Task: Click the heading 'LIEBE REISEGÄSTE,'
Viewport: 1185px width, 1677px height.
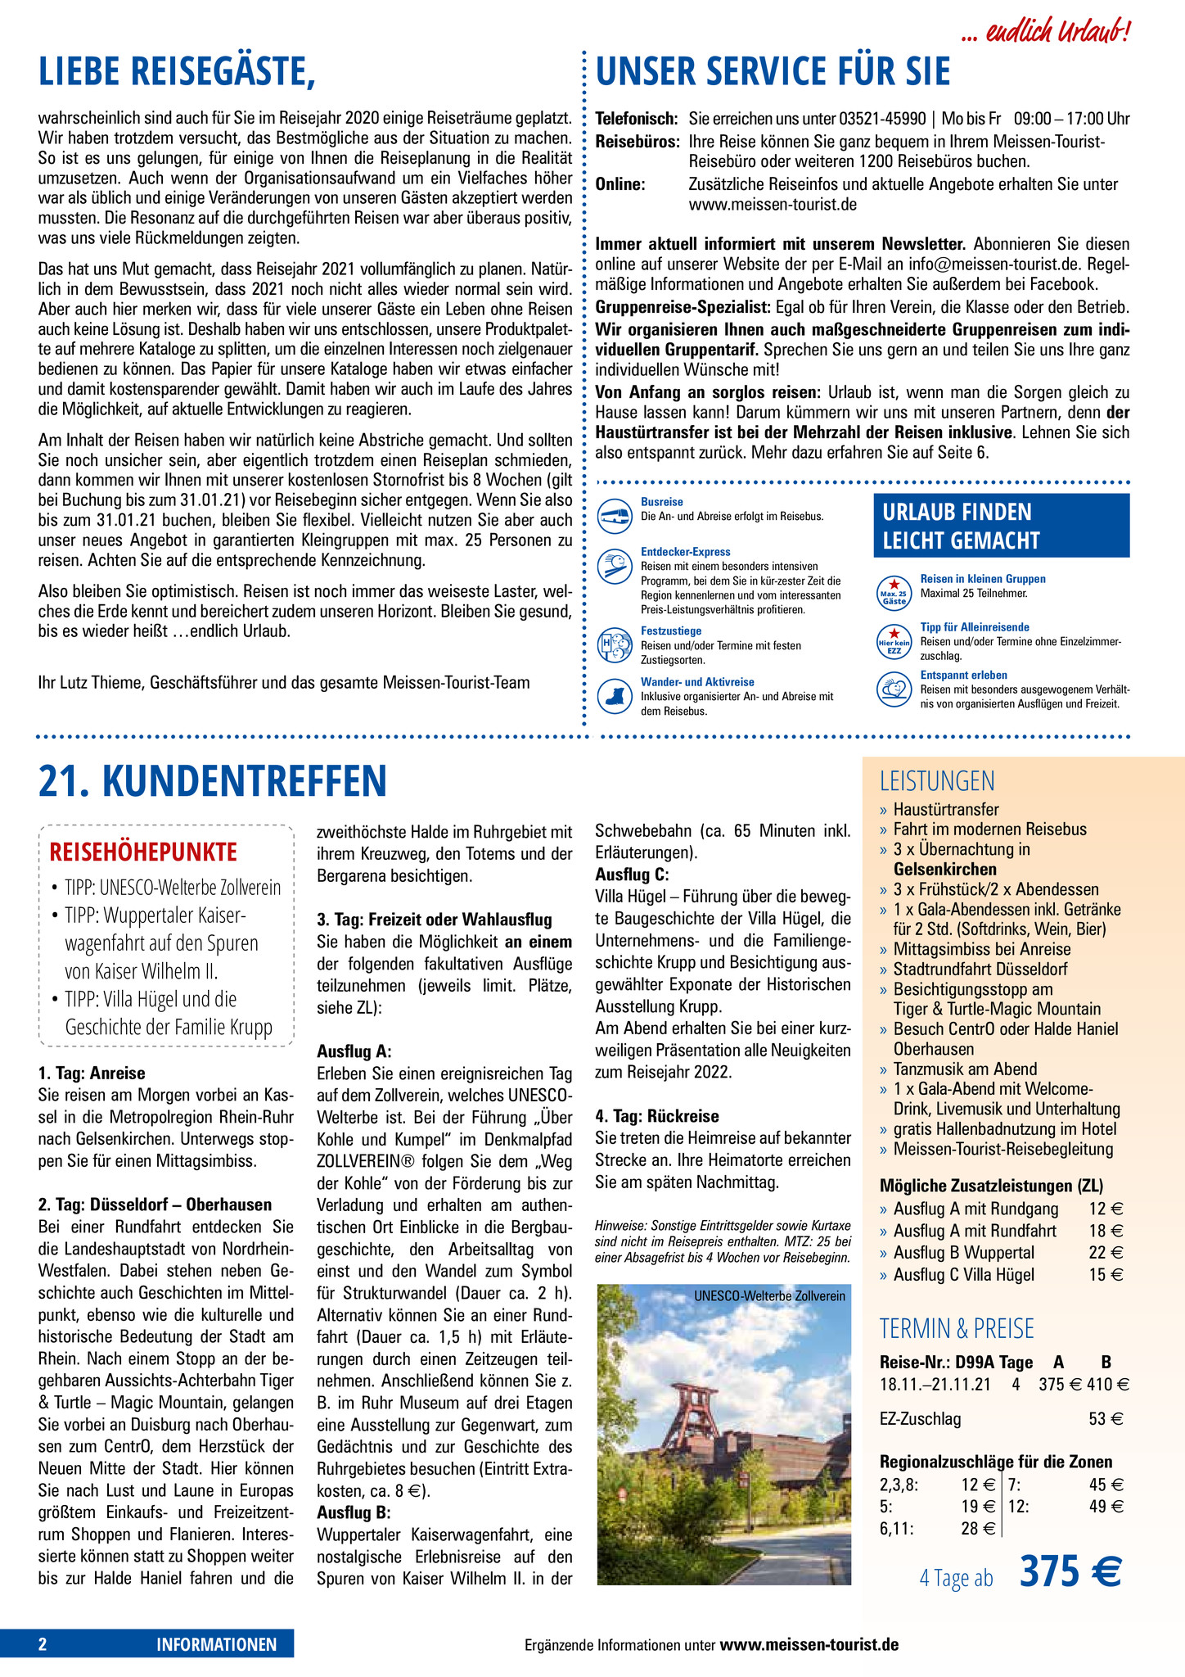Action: [177, 71]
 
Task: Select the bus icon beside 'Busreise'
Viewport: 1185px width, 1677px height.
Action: [615, 515]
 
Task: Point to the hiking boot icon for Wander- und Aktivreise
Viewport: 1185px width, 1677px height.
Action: [615, 696]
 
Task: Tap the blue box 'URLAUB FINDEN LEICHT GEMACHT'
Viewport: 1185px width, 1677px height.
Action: [1001, 526]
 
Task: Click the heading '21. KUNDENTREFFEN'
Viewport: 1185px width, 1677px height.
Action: [212, 780]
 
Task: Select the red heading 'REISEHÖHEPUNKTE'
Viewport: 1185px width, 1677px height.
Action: [143, 852]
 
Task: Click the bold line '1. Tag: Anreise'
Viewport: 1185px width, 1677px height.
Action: [92, 1073]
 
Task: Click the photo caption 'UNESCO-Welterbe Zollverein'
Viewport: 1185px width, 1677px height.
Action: [769, 1295]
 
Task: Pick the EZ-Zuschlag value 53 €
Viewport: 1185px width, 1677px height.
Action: [1106, 1419]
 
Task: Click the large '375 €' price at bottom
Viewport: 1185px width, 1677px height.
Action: [1070, 1572]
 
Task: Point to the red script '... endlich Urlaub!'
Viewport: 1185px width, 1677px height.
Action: [1048, 33]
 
